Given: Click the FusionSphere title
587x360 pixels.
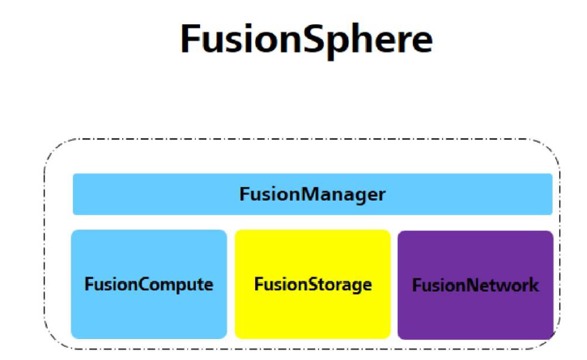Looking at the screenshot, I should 306,39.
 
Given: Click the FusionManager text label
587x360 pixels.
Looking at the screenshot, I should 312,194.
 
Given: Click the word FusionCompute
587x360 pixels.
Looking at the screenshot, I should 149,285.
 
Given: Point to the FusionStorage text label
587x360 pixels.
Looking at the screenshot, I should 313,285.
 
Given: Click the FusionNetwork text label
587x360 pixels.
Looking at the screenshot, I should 475,286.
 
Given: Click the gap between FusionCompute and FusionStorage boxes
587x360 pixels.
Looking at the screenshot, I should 231,284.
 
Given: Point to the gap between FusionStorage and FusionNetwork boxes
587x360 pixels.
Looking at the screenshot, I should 394,284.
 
